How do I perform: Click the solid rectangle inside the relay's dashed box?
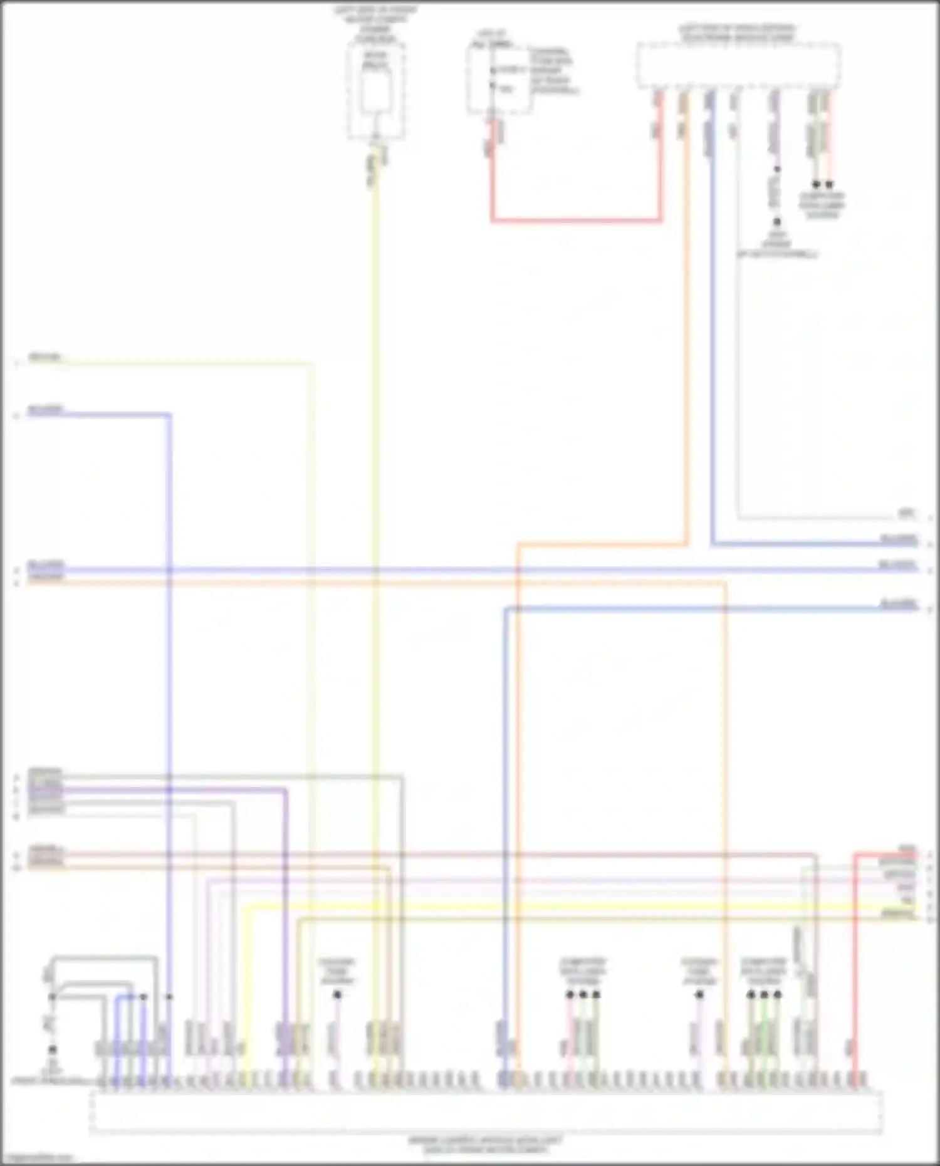pyautogui.click(x=375, y=93)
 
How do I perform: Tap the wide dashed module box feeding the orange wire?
pyautogui.click(x=738, y=65)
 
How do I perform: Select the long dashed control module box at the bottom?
pyautogui.click(x=486, y=1111)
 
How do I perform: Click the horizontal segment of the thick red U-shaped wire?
pyautogui.click(x=575, y=220)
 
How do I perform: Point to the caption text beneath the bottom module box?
pyautogui.click(x=486, y=1144)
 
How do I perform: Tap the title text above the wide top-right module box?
pyautogui.click(x=738, y=33)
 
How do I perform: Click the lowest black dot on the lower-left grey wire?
pyautogui.click(x=53, y=1049)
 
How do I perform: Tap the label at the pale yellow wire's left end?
pyautogui.click(x=45, y=358)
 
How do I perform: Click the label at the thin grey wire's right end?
pyautogui.click(x=906, y=514)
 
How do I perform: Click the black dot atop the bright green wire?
pyautogui.click(x=764, y=994)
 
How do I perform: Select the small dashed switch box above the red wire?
pyautogui.click(x=499, y=78)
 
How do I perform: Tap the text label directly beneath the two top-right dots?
pyautogui.click(x=822, y=205)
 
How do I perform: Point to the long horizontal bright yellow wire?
pyautogui.click(x=564, y=906)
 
